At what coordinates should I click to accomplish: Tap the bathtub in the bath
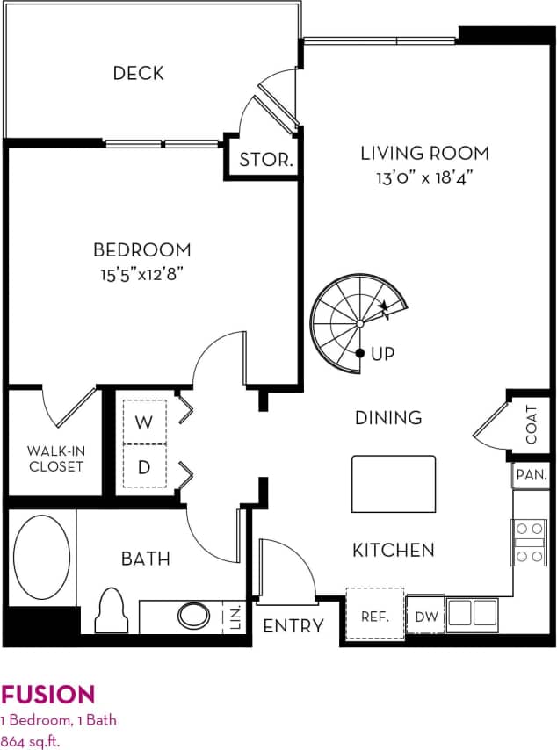[x=40, y=557]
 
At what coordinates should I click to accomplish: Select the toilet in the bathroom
[x=112, y=609]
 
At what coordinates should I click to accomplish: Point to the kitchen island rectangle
[x=394, y=484]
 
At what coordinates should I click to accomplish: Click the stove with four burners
[x=529, y=542]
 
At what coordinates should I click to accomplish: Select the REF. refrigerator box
[x=374, y=616]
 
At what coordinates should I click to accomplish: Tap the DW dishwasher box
[x=426, y=616]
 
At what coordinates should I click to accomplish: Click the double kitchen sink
[x=473, y=614]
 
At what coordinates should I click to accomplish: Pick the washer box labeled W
[x=143, y=422]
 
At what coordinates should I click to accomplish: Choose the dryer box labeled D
[x=143, y=466]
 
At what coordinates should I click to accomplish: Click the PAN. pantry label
[x=531, y=475]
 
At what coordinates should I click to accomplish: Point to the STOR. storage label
[x=266, y=160]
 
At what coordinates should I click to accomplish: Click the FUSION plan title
[x=48, y=696]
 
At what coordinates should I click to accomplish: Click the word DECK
[x=138, y=73]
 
